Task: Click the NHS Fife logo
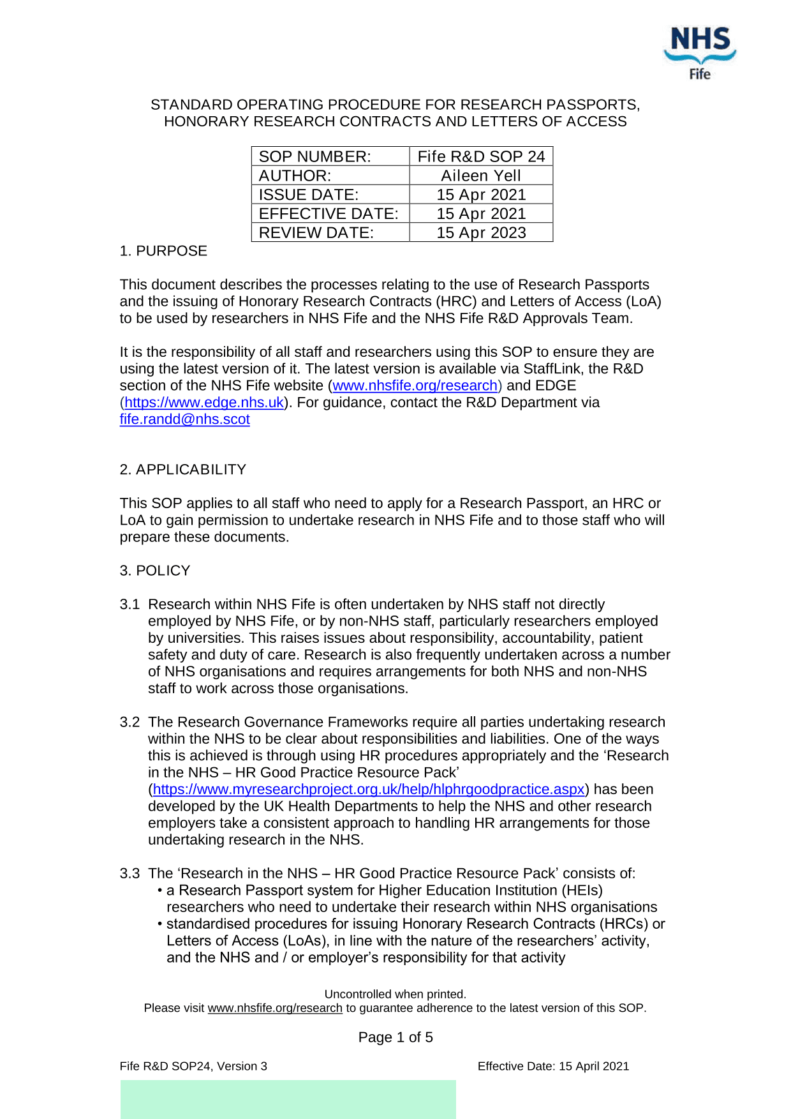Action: coord(700,52)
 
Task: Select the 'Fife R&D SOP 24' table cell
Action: coord(481,156)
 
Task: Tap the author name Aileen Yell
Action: coord(481,176)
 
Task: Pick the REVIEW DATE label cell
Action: coord(316,232)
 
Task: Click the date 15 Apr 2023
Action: coord(481,232)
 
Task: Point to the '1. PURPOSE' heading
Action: coord(163,251)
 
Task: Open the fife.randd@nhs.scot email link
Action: coord(184,419)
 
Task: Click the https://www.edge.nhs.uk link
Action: coord(204,403)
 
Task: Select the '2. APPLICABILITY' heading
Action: coord(182,470)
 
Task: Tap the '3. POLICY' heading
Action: coord(155,571)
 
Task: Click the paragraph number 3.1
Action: coord(129,605)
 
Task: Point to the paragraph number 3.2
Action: coord(129,722)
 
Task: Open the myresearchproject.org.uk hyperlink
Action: coord(369,790)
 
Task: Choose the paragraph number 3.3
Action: coord(129,873)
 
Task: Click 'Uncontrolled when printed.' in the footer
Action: coord(395,994)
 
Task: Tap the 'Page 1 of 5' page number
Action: coord(395,1037)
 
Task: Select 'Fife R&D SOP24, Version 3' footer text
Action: coord(193,1066)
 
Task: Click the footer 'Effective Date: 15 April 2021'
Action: coord(553,1066)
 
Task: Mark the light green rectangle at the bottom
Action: coord(288,1099)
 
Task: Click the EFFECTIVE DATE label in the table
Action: coord(329,214)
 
